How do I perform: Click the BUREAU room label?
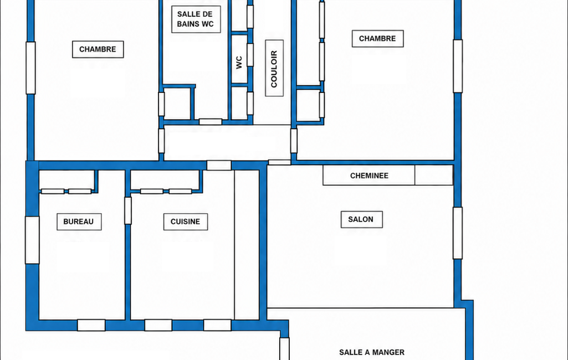[x=79, y=222]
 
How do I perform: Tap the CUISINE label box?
[x=186, y=222]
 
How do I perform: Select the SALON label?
[x=361, y=219]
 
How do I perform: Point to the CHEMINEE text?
[x=369, y=176]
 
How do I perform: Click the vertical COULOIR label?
[x=274, y=68]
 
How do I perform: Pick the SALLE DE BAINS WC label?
[x=196, y=19]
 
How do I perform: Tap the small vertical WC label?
[x=239, y=62]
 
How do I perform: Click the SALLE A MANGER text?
[x=372, y=352]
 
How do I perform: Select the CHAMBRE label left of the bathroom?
[x=98, y=49]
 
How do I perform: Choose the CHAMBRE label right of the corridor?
[x=377, y=38]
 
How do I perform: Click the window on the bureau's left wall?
[x=32, y=240]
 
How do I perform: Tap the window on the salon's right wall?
[x=458, y=233]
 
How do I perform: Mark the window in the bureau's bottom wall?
[x=91, y=325]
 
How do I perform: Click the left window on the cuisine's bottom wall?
[x=158, y=325]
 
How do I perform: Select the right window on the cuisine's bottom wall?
[x=217, y=325]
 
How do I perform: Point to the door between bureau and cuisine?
[x=128, y=210]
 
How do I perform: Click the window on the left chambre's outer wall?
[x=31, y=68]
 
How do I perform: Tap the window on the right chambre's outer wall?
[x=458, y=66]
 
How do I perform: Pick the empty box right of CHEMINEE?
[x=434, y=175]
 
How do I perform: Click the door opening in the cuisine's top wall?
[x=219, y=166]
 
